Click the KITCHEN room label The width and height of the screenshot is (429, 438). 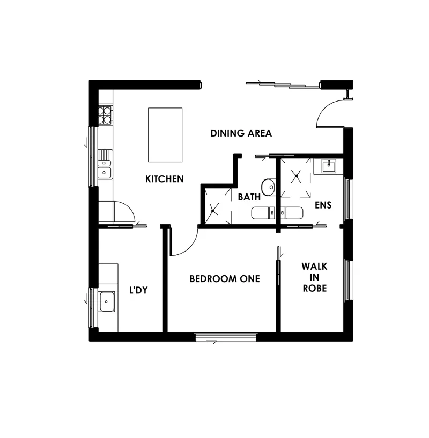(165, 179)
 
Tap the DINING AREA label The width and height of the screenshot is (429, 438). (241, 133)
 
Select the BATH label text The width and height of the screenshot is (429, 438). (249, 197)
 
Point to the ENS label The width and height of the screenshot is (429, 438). (323, 205)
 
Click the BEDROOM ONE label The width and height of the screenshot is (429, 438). (225, 278)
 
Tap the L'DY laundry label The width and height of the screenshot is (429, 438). (138, 290)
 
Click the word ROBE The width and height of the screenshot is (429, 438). (315, 288)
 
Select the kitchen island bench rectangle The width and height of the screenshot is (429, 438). (165, 135)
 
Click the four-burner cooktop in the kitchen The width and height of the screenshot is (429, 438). (105, 116)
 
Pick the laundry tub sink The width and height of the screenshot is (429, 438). (106, 301)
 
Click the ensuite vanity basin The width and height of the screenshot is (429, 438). (329, 166)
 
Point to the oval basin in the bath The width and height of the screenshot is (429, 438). (269, 188)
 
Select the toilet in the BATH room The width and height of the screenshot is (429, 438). (263, 213)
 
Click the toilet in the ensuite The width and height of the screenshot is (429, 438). (291, 213)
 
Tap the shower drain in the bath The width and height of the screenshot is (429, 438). (213, 211)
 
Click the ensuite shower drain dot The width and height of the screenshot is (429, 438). (297, 176)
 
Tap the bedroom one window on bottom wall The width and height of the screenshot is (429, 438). (226, 337)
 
